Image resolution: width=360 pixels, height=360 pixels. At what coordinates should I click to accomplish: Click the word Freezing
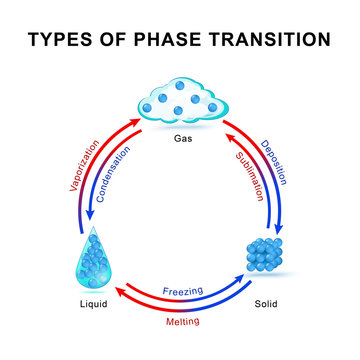coord(183,291)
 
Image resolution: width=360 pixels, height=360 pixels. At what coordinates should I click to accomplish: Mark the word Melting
coord(182,322)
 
